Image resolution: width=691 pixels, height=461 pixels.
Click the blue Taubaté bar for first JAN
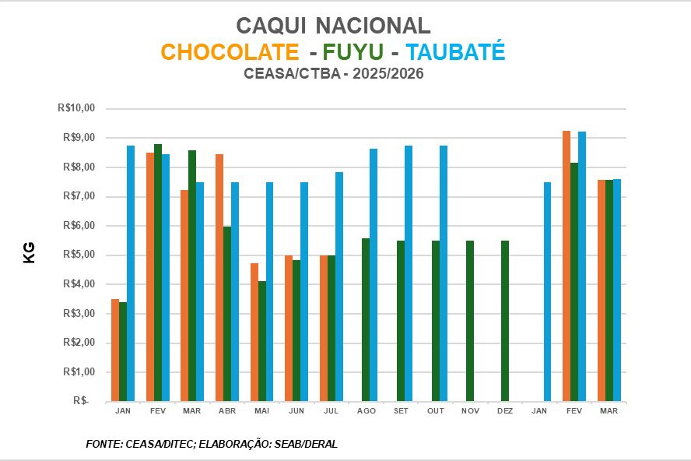pyautogui.click(x=131, y=273)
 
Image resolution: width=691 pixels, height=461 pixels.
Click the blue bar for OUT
pyautogui.click(x=444, y=273)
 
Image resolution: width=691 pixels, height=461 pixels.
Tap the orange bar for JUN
pyautogui.click(x=289, y=328)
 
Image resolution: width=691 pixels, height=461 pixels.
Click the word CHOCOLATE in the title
pyautogui.click(x=230, y=51)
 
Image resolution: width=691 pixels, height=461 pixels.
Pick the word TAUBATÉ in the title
pyautogui.click(x=456, y=51)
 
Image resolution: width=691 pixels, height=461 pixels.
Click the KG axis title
pyautogui.click(x=30, y=253)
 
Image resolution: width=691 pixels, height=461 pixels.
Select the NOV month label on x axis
pyautogui.click(x=470, y=410)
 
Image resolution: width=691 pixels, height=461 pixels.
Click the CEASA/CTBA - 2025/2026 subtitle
pyautogui.click(x=334, y=75)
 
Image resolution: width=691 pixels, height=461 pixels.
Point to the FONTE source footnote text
pyautogui.click(x=212, y=444)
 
